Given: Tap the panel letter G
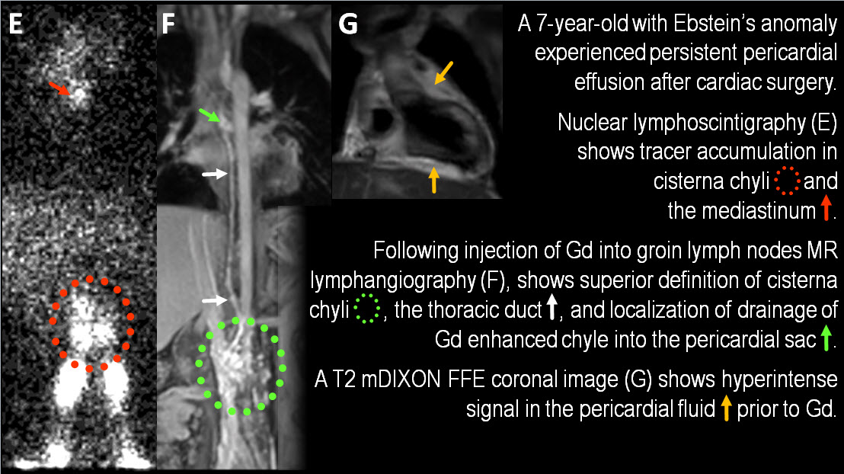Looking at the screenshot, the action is coord(347,24).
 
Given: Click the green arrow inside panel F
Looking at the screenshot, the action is coord(213,116).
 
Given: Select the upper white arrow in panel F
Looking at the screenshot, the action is coord(214,175).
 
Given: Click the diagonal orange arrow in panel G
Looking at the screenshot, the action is coord(443,73).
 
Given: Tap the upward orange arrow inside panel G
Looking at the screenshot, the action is coord(433,180).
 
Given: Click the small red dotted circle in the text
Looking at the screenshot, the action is coord(787,181).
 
